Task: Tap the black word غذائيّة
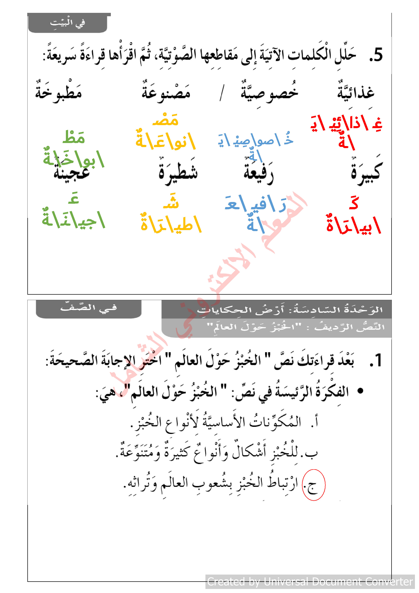point(356,92)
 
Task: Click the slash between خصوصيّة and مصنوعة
point(222,93)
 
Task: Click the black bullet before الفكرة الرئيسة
point(360,391)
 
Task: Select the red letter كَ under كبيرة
point(354,203)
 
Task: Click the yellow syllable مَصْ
point(165,120)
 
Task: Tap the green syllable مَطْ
point(74,137)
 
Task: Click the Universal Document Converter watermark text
point(310,582)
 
